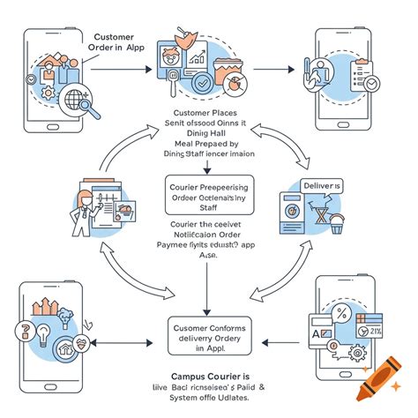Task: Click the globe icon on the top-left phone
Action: click(x=63, y=93)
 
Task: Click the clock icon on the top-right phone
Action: click(x=370, y=82)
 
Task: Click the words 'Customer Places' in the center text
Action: click(x=210, y=115)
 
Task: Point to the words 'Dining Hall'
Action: click(x=210, y=135)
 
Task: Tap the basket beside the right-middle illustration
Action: click(x=337, y=228)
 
